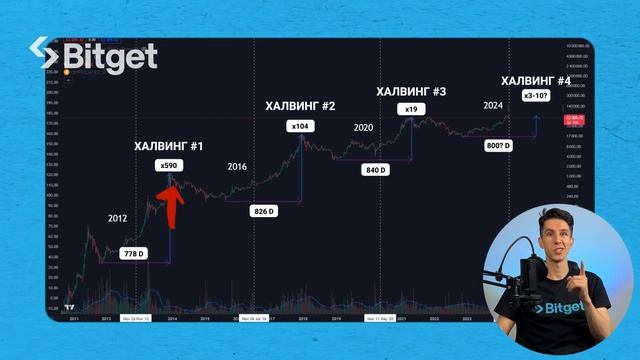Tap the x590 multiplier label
[x=169, y=167]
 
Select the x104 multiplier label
[x=299, y=126]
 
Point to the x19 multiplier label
[x=410, y=109]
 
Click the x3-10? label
[x=535, y=95]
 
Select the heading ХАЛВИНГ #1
[x=169, y=146]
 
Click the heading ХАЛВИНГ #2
[x=299, y=105]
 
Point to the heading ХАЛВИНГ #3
[x=410, y=91]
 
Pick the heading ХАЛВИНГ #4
[x=535, y=80]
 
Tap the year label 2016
[x=237, y=166]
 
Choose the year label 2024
[x=491, y=104]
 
